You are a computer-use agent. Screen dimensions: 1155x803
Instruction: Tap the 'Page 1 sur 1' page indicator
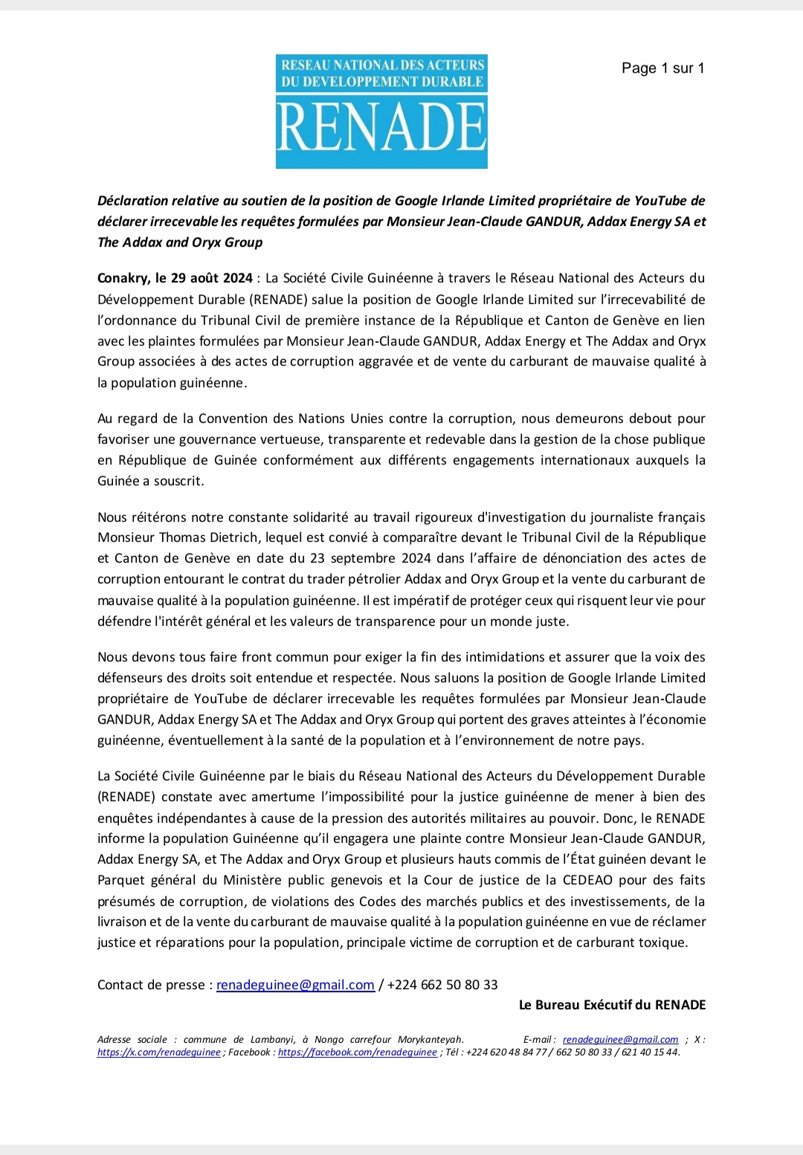coord(662,68)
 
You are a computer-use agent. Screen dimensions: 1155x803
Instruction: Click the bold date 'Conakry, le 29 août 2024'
coord(175,278)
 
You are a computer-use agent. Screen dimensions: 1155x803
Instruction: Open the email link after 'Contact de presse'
coord(295,985)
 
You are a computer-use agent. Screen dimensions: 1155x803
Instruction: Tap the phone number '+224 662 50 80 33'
coord(442,985)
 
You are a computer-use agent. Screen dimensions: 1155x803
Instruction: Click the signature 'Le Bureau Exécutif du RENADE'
coord(612,1005)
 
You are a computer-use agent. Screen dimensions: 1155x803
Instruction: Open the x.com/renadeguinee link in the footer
coord(159,1052)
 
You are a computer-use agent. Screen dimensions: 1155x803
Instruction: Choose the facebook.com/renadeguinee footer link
coord(358,1052)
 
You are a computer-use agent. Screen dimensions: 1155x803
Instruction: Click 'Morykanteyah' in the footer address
coord(430,1039)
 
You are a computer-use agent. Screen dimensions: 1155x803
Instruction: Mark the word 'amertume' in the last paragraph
coord(283,797)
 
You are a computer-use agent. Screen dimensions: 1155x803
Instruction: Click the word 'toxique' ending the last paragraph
coord(664,942)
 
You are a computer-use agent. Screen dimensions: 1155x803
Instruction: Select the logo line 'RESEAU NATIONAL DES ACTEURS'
coord(382,65)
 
